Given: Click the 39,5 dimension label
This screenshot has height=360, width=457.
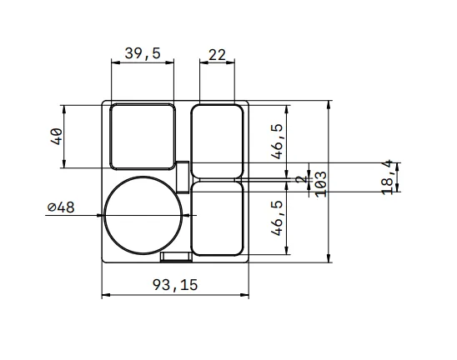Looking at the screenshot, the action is click(143, 53).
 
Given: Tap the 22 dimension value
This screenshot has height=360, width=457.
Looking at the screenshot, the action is click(217, 55).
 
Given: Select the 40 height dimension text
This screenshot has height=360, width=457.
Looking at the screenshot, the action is click(57, 137).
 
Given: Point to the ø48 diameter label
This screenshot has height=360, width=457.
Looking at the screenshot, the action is click(61, 207).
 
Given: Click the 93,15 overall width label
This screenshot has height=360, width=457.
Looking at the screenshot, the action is click(175, 284).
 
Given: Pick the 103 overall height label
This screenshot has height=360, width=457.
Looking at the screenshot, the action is click(321, 184).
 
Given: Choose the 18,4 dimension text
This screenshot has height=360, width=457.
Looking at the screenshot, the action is click(388, 177).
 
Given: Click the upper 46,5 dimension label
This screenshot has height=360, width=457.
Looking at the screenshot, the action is click(277, 142).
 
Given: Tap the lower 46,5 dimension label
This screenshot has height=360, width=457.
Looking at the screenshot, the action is click(277, 217).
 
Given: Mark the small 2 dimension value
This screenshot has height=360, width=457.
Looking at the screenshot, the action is click(302, 179).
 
